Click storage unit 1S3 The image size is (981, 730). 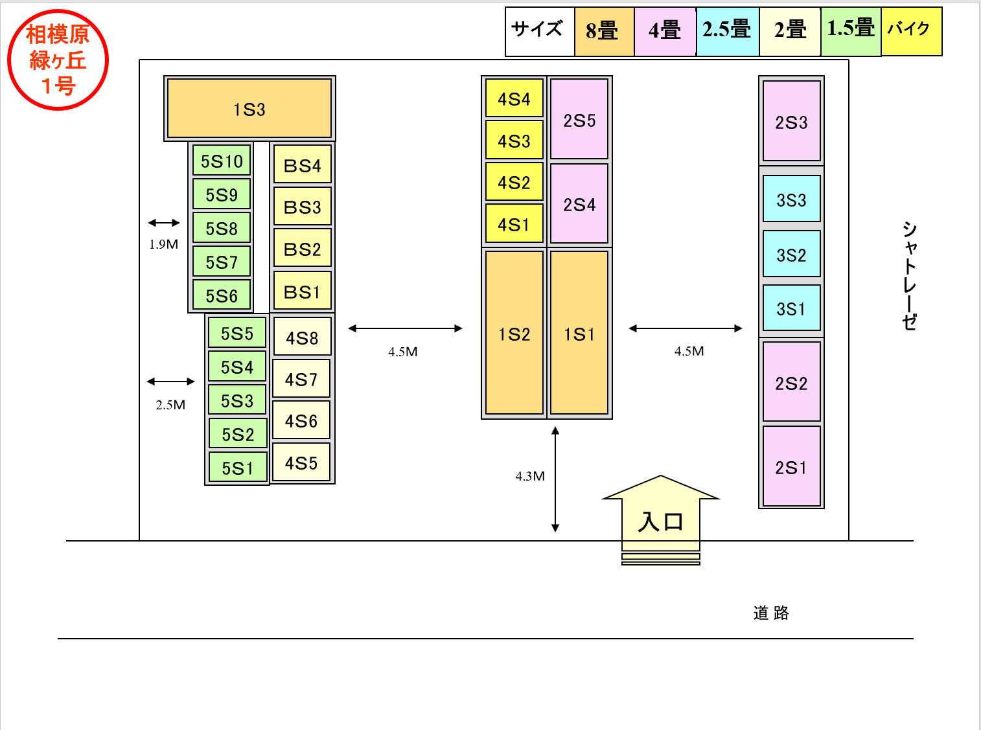click(249, 108)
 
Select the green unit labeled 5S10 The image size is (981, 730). click(222, 160)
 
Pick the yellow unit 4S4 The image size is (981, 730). click(514, 98)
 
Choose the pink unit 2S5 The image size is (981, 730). click(579, 119)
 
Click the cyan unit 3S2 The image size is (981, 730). click(791, 254)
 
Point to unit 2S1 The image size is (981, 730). click(791, 466)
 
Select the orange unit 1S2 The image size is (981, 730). click(514, 332)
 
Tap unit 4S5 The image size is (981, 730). click(301, 462)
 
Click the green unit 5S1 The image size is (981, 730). click(238, 467)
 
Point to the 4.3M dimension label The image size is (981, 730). click(530, 476)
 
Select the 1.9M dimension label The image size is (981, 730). click(164, 244)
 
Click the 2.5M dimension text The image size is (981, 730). click(170, 405)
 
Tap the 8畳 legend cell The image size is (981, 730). click(604, 31)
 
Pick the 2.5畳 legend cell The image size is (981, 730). click(728, 31)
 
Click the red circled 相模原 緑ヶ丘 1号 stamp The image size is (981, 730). click(58, 60)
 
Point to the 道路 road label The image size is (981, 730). click(771, 613)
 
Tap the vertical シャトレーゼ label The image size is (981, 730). click(909, 275)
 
